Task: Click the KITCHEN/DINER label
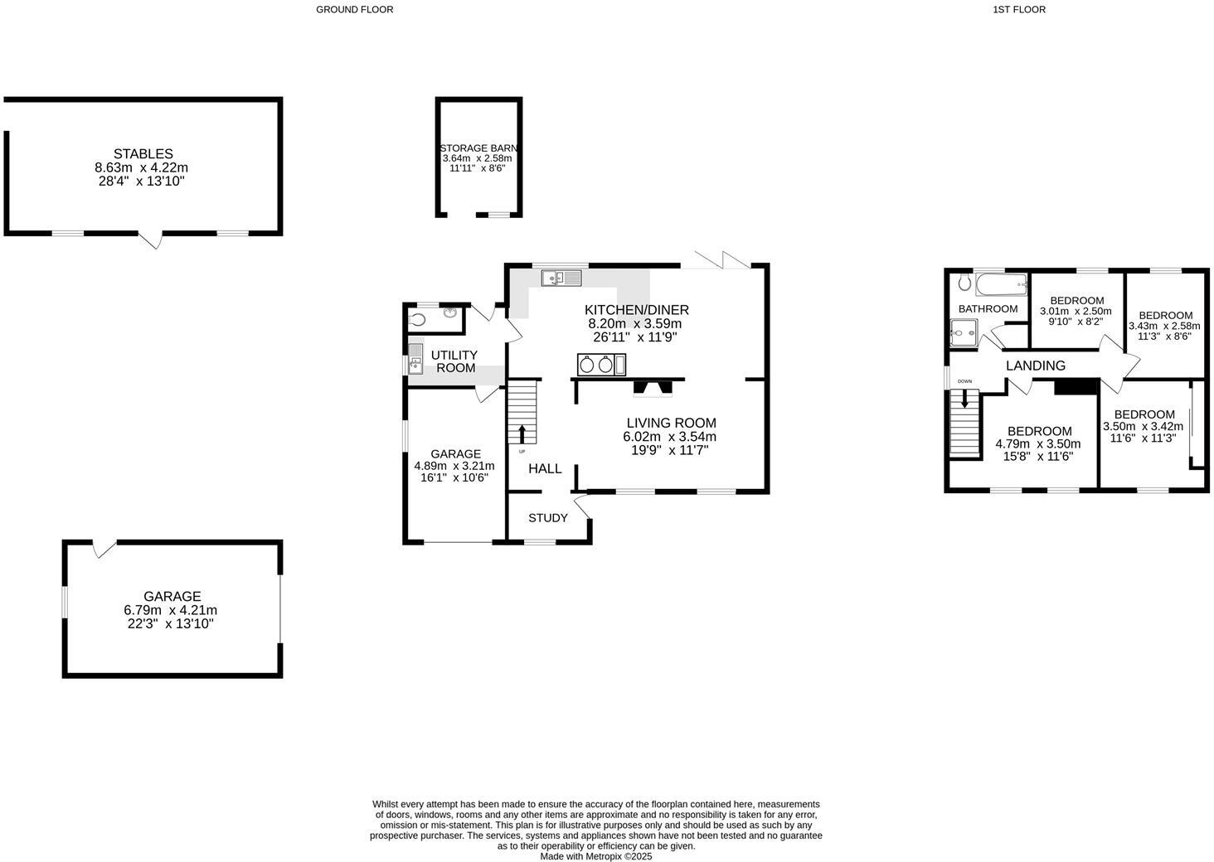tap(637, 310)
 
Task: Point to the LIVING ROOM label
tap(671, 423)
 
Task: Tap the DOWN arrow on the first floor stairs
tap(964, 397)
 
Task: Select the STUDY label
tap(548, 518)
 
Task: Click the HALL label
tap(545, 468)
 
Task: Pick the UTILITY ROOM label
tap(455, 361)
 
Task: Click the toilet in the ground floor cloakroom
tap(418, 319)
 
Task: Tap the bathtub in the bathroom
tap(1000, 284)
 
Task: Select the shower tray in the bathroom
tap(964, 333)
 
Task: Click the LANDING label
tap(1036, 366)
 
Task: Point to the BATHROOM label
tap(988, 309)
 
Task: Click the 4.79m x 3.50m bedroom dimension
tap(1039, 443)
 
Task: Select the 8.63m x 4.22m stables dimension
tap(141, 167)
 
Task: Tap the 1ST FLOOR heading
tap(1019, 10)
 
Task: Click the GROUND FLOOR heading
tap(355, 10)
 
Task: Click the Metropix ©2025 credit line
tap(596, 856)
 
